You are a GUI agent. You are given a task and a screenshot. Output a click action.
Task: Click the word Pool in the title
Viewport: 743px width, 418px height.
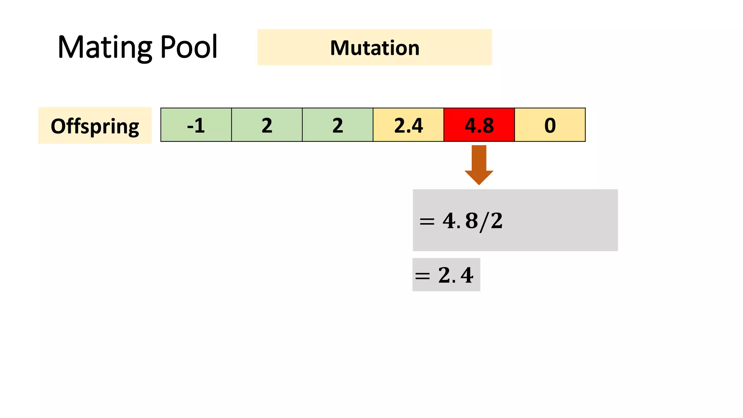[188, 47]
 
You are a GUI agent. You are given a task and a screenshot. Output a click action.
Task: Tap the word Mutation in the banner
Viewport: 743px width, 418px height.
[375, 48]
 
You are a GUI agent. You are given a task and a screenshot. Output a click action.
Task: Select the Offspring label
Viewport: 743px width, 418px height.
[95, 126]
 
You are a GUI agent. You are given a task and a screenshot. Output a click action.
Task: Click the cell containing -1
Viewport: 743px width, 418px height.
[196, 125]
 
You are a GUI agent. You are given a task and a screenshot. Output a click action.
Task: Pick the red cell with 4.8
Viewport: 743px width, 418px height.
[479, 125]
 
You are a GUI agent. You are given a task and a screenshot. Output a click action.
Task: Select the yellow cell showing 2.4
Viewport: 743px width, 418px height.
[408, 125]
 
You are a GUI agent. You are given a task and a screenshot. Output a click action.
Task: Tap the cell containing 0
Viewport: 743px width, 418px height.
[550, 125]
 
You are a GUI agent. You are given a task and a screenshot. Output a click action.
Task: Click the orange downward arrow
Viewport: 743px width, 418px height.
[479, 163]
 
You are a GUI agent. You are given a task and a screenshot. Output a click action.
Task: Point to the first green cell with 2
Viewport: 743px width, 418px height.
[267, 125]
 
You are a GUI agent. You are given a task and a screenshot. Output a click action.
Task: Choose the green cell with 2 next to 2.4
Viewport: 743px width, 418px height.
[337, 125]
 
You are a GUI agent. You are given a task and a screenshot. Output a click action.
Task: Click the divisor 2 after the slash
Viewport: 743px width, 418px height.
[497, 221]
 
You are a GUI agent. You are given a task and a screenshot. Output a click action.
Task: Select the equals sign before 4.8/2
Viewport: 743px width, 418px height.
[427, 221]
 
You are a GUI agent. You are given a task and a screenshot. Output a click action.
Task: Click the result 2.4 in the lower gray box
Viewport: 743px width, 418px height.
[456, 275]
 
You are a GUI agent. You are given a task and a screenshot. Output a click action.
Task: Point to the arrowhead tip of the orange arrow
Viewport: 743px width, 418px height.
[479, 184]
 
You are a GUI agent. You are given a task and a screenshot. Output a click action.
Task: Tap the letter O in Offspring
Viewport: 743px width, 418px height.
[58, 126]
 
